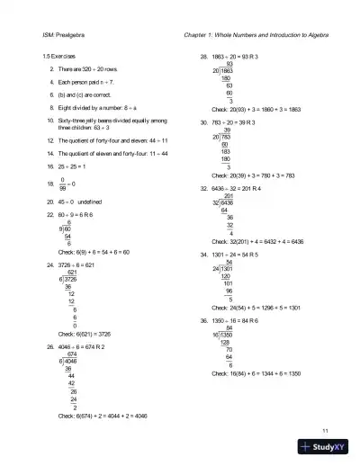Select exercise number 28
pyautogui.click(x=204, y=57)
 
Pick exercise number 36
pyautogui.click(x=204, y=318)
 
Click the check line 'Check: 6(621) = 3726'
pyautogui.click(x=88, y=333)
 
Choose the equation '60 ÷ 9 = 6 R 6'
pyautogui.click(x=83, y=214)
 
